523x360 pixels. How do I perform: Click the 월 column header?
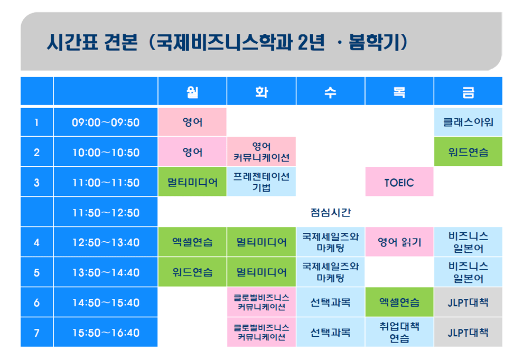(x=192, y=91)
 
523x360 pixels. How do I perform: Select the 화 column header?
(x=261, y=91)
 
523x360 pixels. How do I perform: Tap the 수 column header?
(x=331, y=91)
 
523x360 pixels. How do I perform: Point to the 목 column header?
(x=399, y=91)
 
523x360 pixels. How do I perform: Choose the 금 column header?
(x=468, y=91)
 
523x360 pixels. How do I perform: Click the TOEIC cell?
(x=399, y=182)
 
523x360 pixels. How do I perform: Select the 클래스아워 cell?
(x=468, y=122)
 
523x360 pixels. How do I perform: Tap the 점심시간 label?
(x=331, y=212)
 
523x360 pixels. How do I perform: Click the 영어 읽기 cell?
(x=399, y=242)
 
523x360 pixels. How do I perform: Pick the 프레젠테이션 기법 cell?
(x=261, y=182)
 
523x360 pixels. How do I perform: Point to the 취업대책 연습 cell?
(x=399, y=332)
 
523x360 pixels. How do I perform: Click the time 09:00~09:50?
(x=106, y=122)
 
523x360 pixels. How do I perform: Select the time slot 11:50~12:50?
(x=106, y=212)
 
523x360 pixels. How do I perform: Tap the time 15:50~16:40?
(x=106, y=333)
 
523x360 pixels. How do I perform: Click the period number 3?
(x=36, y=182)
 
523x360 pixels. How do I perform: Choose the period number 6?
(x=36, y=302)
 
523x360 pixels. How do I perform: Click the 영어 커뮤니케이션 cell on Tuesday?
(x=261, y=151)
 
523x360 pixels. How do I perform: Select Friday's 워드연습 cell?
(x=468, y=151)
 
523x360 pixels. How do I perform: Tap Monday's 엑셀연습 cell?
(x=192, y=242)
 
